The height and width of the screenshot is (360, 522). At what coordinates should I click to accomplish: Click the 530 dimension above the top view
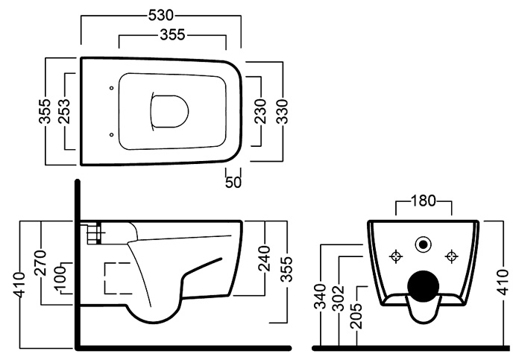coord(161,16)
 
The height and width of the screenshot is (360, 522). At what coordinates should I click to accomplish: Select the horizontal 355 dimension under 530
coord(172,34)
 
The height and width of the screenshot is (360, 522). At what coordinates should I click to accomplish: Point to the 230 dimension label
coord(261,111)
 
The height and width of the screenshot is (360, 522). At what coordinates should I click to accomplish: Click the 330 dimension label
coord(282,112)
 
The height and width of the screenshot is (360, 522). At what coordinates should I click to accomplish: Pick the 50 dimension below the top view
coord(233,182)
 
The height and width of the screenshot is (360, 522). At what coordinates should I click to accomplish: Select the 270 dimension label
coord(41,263)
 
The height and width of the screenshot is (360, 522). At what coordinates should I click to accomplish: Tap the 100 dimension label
coord(60,278)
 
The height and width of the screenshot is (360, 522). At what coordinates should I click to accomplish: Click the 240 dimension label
coord(265,259)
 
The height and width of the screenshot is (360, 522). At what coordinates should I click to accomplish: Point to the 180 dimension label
coord(423,200)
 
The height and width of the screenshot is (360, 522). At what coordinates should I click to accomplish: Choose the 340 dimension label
coord(321,296)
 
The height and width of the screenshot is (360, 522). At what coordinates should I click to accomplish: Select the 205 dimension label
coord(358,316)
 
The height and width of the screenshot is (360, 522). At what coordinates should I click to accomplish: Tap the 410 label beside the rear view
coord(503,282)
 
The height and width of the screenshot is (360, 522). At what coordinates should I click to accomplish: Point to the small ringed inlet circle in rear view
coord(424,245)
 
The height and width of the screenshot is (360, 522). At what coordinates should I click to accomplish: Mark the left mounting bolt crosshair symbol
coord(396,256)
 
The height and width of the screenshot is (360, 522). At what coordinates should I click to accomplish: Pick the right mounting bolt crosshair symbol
coord(452,256)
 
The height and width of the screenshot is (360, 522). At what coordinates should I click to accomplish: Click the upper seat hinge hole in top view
coord(112,88)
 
